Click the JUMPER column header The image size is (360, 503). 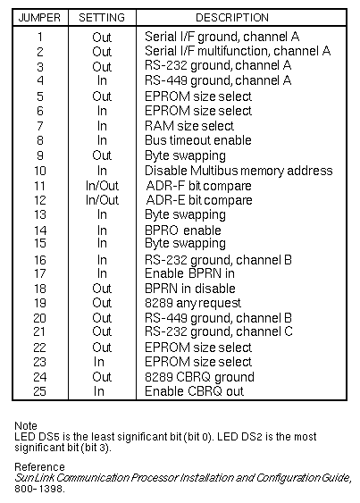39,17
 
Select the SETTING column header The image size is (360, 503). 102,17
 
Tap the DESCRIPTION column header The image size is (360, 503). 232,17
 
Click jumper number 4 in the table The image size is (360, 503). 40,80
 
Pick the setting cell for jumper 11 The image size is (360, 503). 102,186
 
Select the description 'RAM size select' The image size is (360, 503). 189,126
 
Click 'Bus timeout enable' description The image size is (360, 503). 198,140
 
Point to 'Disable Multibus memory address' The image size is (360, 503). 239,171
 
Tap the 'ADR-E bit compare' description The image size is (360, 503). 199,200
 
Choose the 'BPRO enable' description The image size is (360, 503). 183,231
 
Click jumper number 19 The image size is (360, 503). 40,303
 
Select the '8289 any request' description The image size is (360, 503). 193,303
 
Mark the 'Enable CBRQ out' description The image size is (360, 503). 194,391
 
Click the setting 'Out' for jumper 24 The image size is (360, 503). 102,377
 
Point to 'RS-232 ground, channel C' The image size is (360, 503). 219,331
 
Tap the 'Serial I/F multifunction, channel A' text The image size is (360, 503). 238,51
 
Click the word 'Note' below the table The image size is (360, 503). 26,425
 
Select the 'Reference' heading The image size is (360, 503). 39,466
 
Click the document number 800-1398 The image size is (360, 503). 39,489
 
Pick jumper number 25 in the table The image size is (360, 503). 40,391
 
